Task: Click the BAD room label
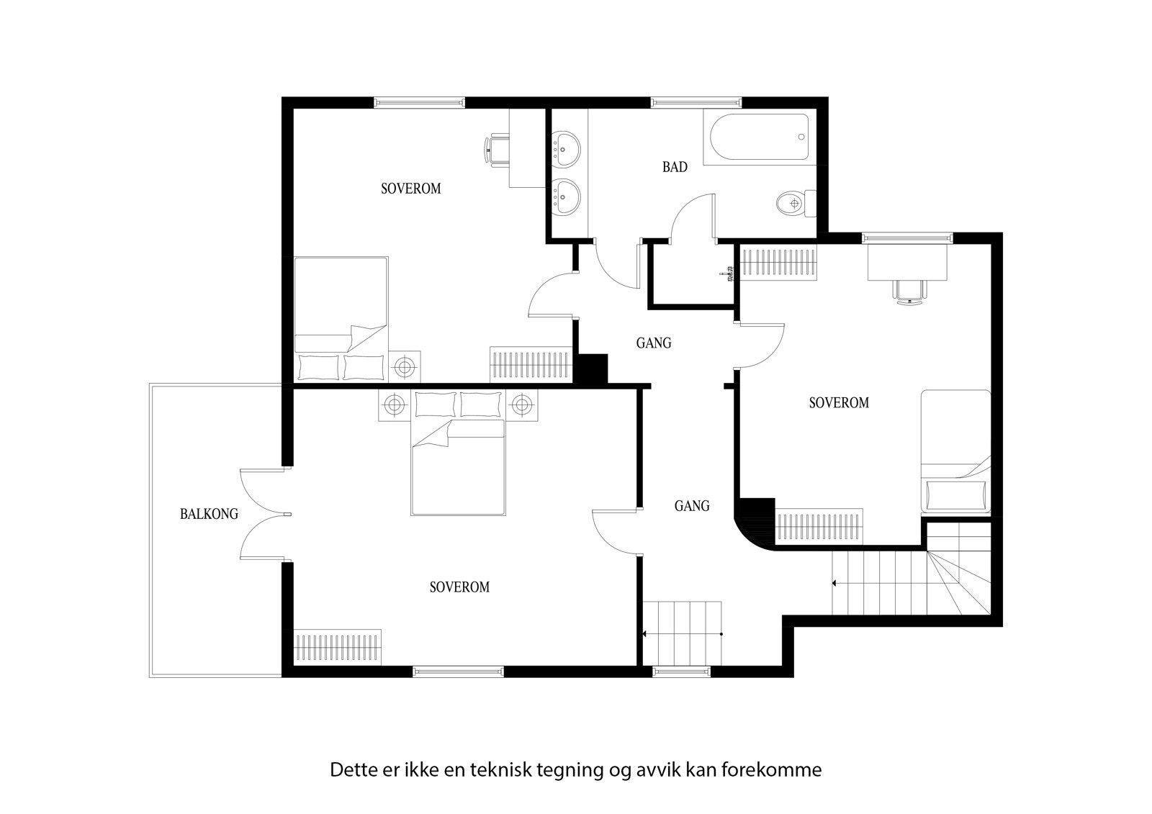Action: (675, 167)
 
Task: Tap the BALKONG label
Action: (209, 514)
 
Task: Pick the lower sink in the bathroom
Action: (567, 195)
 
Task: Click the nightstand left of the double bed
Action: (395, 404)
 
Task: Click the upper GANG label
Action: (653, 343)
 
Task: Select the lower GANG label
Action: (691, 506)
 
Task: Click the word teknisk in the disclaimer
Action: (500, 770)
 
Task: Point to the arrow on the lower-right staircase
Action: (835, 582)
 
